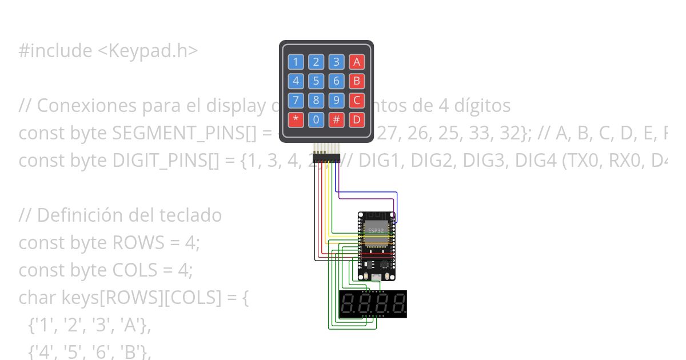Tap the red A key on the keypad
[x=357, y=62]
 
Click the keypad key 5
[x=316, y=81]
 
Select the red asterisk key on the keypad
[x=296, y=120]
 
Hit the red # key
[x=337, y=120]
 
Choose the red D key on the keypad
[x=357, y=120]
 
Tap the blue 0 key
[x=316, y=120]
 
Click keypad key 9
[x=337, y=101]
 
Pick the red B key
[x=357, y=81]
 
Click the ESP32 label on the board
[x=376, y=230]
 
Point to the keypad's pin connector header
[x=326, y=156]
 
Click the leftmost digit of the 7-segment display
[x=347, y=304]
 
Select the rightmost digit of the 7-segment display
[x=398, y=304]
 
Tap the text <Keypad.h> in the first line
[x=147, y=51]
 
